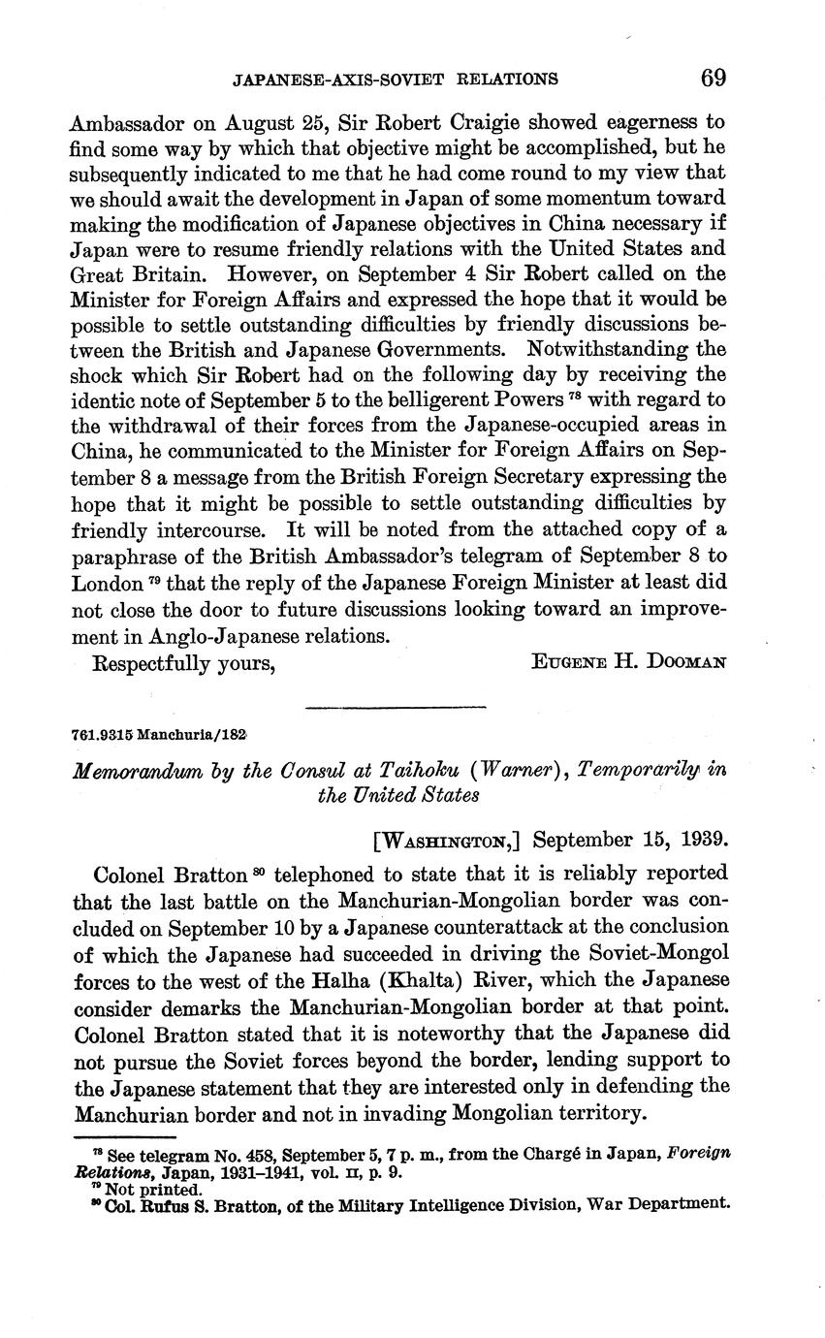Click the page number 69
pos(713,77)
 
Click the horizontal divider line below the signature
pos(395,707)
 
